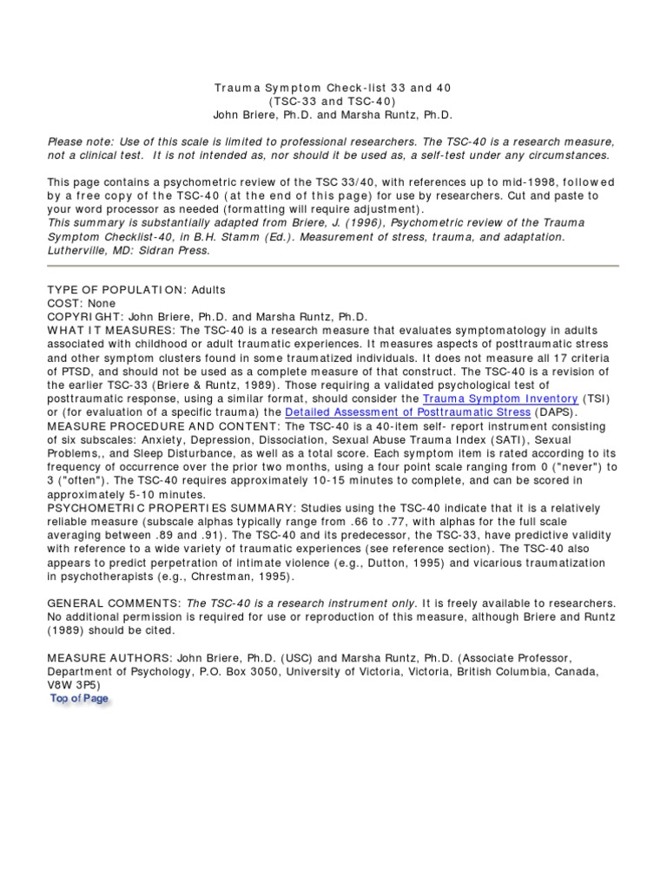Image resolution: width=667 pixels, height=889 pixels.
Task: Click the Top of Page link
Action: [x=79, y=698]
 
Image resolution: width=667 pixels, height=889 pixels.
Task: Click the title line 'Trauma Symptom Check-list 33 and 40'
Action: [x=333, y=89]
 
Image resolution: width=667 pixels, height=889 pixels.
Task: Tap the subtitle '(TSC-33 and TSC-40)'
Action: [x=333, y=102]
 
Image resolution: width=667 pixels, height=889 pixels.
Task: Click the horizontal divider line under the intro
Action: [x=333, y=267]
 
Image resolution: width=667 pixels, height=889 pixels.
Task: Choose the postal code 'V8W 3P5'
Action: [x=72, y=685]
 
